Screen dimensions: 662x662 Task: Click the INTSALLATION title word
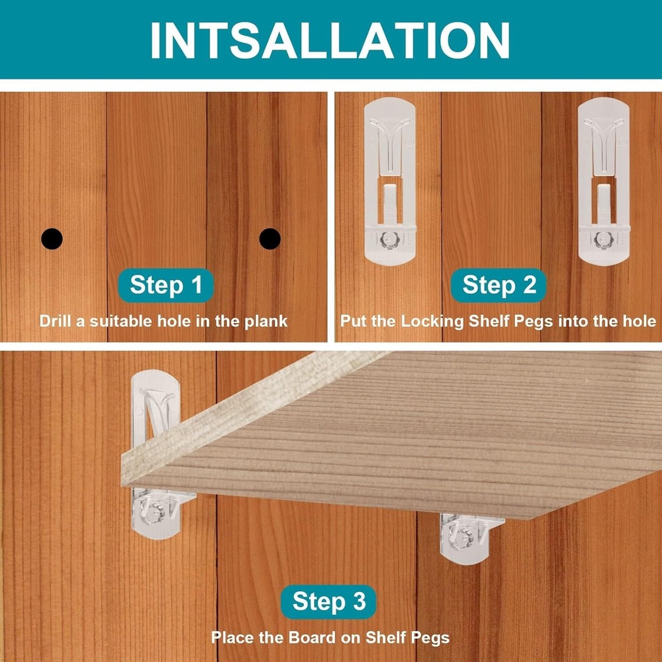[x=330, y=40]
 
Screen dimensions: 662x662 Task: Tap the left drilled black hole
[x=52, y=238]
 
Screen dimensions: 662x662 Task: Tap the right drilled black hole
[x=270, y=238]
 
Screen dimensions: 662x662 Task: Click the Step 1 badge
[x=166, y=285]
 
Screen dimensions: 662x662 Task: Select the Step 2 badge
[x=498, y=285]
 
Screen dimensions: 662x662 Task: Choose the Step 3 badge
[x=328, y=601]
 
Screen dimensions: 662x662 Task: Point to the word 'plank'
[x=266, y=322]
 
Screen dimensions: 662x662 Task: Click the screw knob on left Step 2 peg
[x=389, y=240]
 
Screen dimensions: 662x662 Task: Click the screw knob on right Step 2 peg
[x=602, y=240]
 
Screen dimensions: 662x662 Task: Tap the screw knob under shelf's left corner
[x=154, y=513]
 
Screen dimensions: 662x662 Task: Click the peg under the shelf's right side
[x=468, y=538]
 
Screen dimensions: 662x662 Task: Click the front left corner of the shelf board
[x=122, y=485]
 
